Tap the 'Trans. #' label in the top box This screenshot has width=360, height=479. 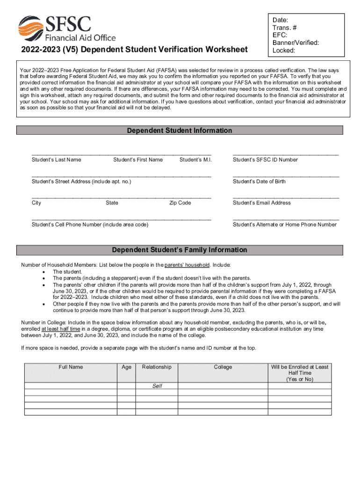tap(285, 28)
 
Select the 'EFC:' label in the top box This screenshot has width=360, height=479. tap(280, 35)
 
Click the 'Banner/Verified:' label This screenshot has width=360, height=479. tap(296, 43)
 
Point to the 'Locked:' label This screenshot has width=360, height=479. tap(284, 50)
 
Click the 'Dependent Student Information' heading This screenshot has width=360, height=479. tap(180, 131)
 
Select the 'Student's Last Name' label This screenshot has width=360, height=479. tap(56, 160)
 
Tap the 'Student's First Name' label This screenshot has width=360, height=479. tap(138, 160)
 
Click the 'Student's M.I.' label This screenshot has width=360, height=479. tap(195, 160)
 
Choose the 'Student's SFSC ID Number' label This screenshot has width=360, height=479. tap(265, 160)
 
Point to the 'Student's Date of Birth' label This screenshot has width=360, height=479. tap(259, 181)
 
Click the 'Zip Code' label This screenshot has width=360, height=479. tap(180, 203)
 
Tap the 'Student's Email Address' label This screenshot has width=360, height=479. tap(262, 203)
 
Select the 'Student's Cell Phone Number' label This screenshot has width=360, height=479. tap(90, 225)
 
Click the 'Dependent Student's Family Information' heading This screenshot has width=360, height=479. tap(180, 250)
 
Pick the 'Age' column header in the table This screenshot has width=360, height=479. tap(126, 367)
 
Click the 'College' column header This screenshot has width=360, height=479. tap(223, 367)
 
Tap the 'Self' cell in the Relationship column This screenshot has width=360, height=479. tap(157, 386)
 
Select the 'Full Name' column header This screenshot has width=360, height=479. tap(71, 367)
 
